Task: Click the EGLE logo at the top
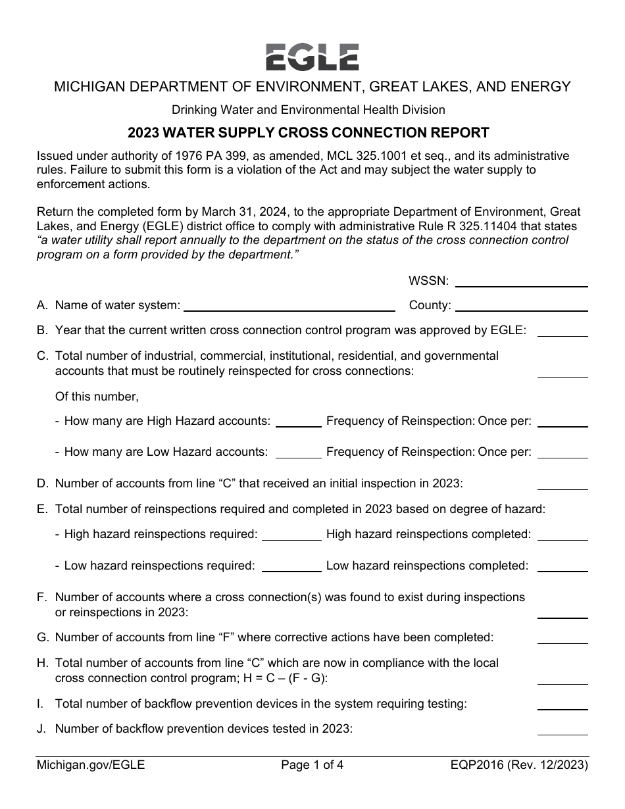click(x=312, y=57)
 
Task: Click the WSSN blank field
click(x=521, y=282)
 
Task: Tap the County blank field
click(x=521, y=305)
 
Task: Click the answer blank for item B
click(x=562, y=331)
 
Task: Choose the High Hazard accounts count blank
click(x=298, y=422)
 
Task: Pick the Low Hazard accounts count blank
click(x=298, y=453)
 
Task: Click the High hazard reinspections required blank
click(x=291, y=535)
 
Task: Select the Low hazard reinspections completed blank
click(x=562, y=566)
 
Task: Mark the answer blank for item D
click(x=562, y=484)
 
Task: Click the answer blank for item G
click(x=562, y=637)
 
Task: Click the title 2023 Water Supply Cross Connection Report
click(x=309, y=133)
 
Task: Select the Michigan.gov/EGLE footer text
click(x=91, y=765)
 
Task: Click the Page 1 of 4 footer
click(x=312, y=765)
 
